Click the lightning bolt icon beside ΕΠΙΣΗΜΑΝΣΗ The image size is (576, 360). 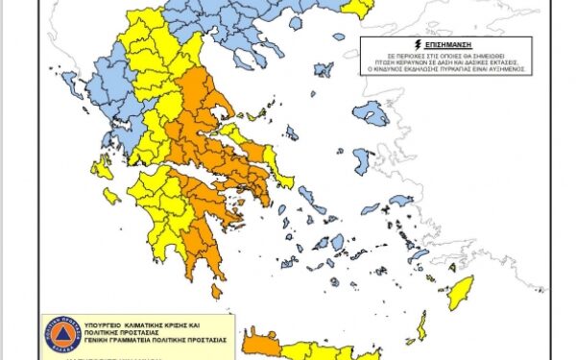point(415,43)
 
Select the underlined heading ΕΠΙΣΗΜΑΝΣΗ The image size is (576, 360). point(445,44)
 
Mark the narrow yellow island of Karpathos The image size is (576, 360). point(419,327)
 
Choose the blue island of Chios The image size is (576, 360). point(363,160)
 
